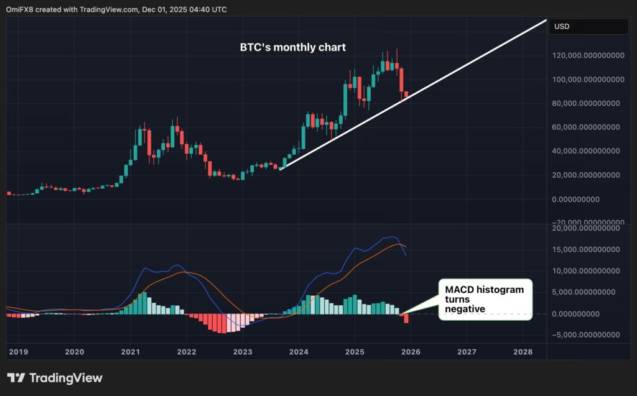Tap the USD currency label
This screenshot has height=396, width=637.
pyautogui.click(x=561, y=27)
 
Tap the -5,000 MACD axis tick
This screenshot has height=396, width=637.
pyautogui.click(x=588, y=334)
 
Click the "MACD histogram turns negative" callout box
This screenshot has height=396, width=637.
pyautogui.click(x=485, y=299)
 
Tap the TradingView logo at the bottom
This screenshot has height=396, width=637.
pyautogui.click(x=55, y=378)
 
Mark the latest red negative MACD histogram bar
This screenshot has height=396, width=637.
pyautogui.click(x=406, y=318)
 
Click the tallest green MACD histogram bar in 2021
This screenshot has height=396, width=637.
pyautogui.click(x=144, y=303)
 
